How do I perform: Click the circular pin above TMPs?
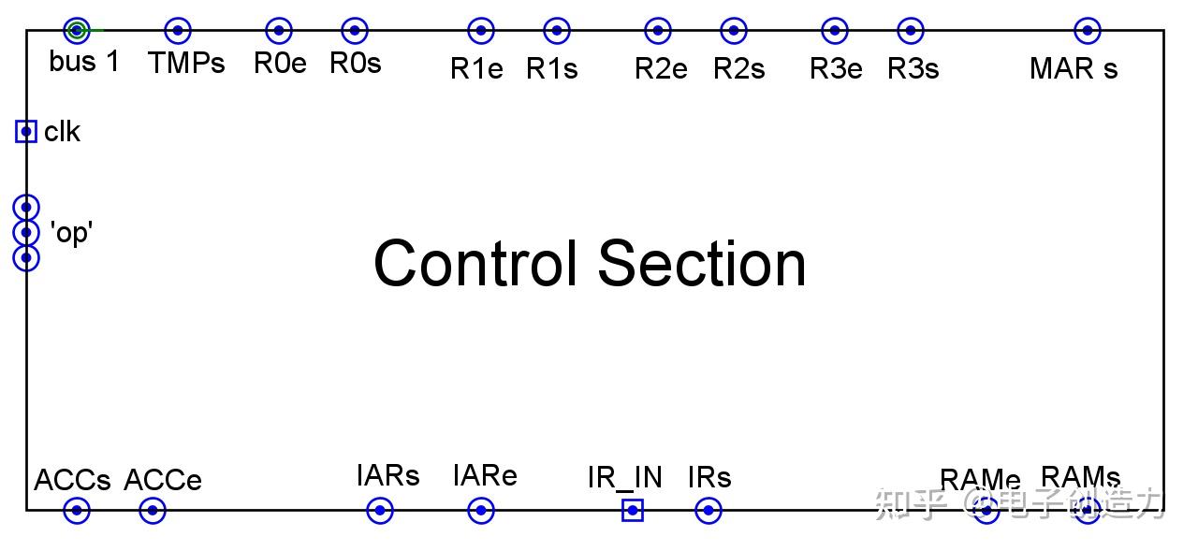click(178, 31)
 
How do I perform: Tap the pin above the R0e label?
click(279, 31)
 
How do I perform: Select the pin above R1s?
click(557, 31)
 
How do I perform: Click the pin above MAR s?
click(1087, 31)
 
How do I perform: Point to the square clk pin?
click(26, 132)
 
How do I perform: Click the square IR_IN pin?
click(633, 511)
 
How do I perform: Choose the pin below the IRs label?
click(709, 511)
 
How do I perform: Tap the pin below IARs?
click(380, 511)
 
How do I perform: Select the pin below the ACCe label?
click(153, 511)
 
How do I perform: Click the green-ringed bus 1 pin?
click(77, 31)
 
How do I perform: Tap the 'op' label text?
click(71, 232)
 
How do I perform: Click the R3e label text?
click(836, 68)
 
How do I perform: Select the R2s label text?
click(738, 68)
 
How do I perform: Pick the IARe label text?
click(485, 476)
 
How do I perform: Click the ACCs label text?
click(72, 481)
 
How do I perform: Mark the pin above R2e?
click(658, 31)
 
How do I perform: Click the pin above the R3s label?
click(911, 31)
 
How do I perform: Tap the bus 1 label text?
click(84, 63)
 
